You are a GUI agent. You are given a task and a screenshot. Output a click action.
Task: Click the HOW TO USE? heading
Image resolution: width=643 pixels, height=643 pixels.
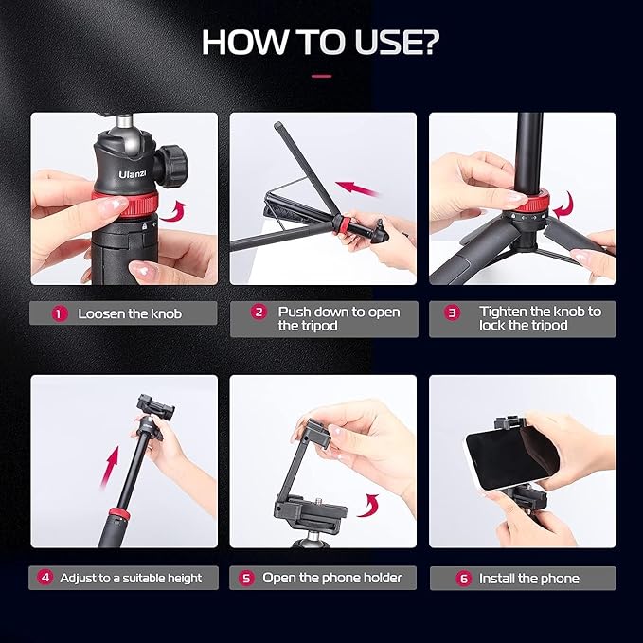321,43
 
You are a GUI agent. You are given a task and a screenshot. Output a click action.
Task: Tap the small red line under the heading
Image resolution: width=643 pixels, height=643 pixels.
321,76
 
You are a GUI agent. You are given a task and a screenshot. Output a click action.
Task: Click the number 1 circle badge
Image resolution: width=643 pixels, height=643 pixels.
60,313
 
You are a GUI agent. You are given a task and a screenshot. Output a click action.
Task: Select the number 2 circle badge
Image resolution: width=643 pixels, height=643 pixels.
258,313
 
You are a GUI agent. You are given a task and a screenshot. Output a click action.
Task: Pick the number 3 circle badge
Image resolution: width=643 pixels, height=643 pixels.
453,313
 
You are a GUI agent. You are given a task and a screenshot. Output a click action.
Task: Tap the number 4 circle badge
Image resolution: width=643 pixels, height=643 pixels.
45,578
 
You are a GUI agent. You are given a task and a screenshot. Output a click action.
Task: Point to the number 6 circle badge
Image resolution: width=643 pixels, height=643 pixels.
464,578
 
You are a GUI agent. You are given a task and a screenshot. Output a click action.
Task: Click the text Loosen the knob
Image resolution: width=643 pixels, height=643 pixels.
130,313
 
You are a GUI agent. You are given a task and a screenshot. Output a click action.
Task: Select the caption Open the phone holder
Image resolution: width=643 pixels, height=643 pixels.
332,578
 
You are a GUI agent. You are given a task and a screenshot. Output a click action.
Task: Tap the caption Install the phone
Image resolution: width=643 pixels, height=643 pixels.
529,578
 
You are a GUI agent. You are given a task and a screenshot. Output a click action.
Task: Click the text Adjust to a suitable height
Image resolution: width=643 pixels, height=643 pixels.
131,578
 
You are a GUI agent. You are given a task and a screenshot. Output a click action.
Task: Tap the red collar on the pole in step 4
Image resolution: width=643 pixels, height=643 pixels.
117,515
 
